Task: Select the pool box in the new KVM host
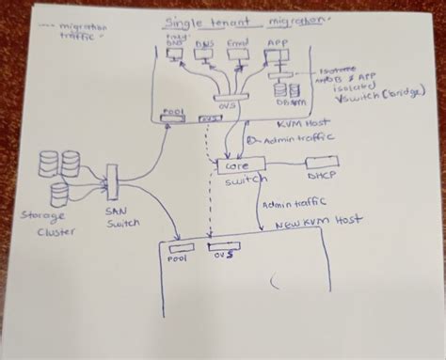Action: point(181,246)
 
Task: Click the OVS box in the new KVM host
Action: point(224,246)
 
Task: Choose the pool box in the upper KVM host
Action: point(174,117)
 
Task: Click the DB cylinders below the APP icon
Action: point(285,89)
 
